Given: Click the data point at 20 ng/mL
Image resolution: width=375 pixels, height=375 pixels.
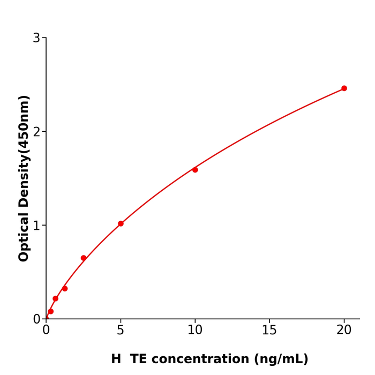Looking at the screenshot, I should pyautogui.click(x=344, y=88).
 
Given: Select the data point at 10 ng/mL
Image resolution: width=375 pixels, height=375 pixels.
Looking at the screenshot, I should pyautogui.click(x=195, y=170).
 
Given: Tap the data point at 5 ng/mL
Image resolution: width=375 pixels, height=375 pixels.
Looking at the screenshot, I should pyautogui.click(x=121, y=223).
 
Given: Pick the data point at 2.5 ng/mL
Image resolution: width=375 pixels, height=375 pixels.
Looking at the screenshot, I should pyautogui.click(x=84, y=258).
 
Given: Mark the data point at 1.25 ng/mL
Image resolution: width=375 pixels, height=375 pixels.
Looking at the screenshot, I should pyautogui.click(x=65, y=289).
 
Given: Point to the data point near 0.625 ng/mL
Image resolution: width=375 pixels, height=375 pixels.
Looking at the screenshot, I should pyautogui.click(x=55, y=298).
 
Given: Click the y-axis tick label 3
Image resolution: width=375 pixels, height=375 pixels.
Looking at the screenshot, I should pyautogui.click(x=36, y=38).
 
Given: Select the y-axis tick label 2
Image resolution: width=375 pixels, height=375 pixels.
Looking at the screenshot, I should pyautogui.click(x=36, y=132).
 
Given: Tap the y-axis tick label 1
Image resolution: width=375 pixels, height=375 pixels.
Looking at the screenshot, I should pyautogui.click(x=36, y=226).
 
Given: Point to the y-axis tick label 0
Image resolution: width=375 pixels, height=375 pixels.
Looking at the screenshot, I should pyautogui.click(x=36, y=319).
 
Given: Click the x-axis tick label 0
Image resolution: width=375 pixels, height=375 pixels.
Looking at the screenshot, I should pyautogui.click(x=46, y=331).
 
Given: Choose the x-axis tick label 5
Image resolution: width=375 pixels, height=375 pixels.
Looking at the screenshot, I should pyautogui.click(x=121, y=331).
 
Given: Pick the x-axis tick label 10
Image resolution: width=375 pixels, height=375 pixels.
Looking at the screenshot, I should pyautogui.click(x=195, y=331).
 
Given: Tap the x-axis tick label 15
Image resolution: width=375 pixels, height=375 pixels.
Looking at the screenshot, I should pyautogui.click(x=269, y=331).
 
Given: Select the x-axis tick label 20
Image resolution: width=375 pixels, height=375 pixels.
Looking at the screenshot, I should pyautogui.click(x=344, y=331).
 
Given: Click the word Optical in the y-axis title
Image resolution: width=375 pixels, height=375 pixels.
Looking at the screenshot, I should pyautogui.click(x=24, y=236).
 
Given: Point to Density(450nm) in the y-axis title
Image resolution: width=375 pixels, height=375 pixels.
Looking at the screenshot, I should pyautogui.click(x=24, y=152).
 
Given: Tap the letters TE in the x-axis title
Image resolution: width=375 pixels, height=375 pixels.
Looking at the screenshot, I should pyautogui.click(x=138, y=359).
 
